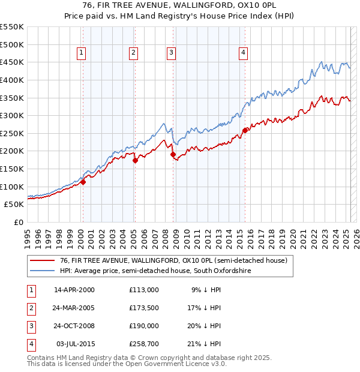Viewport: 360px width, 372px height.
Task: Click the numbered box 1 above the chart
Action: click(81, 53)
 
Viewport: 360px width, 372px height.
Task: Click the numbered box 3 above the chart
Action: click(171, 53)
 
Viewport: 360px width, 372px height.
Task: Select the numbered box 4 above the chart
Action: click(243, 53)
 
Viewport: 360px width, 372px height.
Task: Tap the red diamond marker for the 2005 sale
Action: click(135, 160)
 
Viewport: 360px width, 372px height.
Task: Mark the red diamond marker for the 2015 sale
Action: click(245, 130)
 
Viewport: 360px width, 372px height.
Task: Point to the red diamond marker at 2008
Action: click(173, 155)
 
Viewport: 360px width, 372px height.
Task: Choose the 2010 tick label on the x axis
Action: click(187, 237)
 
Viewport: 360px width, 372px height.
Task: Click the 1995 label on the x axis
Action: click(27, 237)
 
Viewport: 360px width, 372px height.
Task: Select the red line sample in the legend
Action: click(42, 261)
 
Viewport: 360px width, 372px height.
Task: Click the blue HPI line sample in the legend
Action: click(42, 271)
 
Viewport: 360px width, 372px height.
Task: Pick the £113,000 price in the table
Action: click(144, 290)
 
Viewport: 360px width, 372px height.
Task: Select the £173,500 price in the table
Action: click(144, 308)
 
